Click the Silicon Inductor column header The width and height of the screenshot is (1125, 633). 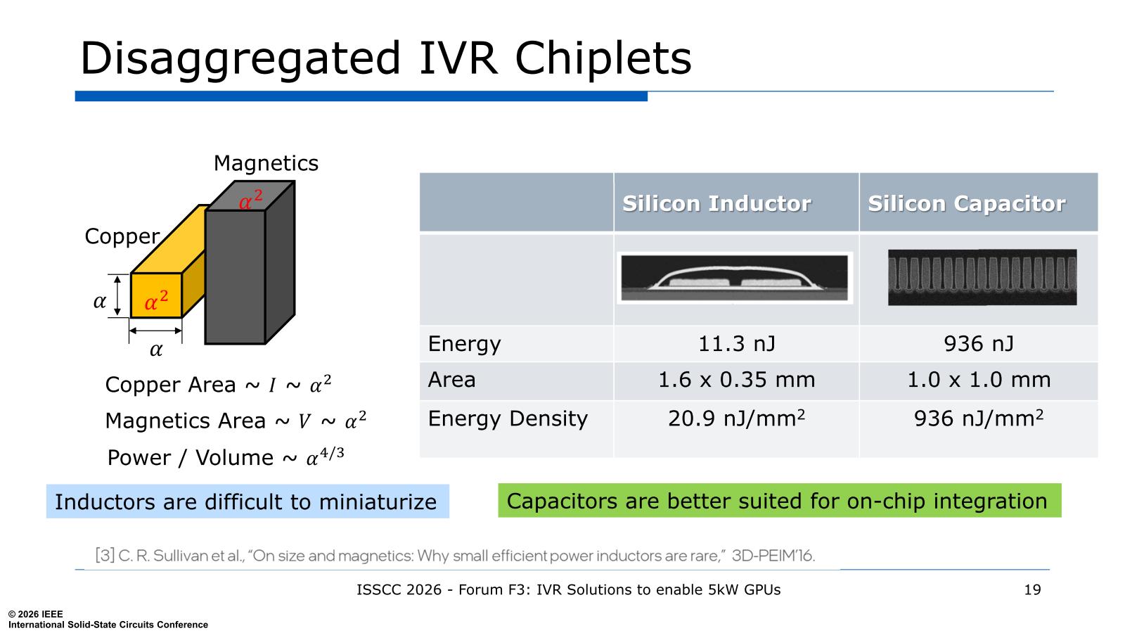(716, 203)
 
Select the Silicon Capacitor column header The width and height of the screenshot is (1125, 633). (967, 203)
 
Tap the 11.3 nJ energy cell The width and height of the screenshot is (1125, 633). (737, 344)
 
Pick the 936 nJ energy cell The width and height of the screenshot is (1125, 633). (979, 344)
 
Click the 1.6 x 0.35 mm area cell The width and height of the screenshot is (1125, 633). (737, 380)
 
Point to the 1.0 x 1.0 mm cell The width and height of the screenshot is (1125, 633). (979, 380)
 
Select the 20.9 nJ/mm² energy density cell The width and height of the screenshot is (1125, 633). (737, 418)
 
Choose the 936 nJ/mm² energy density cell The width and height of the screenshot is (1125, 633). (979, 418)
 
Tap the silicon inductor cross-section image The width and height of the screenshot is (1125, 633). (735, 278)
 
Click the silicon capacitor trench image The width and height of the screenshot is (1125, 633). (982, 277)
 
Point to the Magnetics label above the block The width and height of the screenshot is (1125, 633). (266, 163)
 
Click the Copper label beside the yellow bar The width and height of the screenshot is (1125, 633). (122, 236)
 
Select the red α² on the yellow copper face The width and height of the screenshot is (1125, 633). (156, 300)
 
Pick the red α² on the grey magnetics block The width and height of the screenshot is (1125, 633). (250, 200)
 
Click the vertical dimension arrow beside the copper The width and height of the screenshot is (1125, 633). (117, 295)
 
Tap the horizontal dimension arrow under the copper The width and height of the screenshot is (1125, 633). (155, 331)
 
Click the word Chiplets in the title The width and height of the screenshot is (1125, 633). (603, 58)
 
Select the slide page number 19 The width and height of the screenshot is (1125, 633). (1033, 590)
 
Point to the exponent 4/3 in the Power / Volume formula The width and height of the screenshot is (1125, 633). (332, 453)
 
